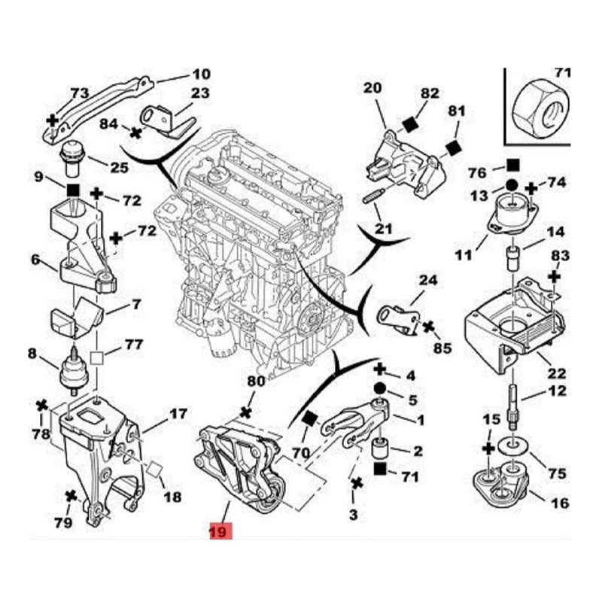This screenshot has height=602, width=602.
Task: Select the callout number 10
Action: [x=201, y=74]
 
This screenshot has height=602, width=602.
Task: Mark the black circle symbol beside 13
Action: [x=511, y=185]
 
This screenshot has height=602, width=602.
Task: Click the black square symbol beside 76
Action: [x=513, y=164]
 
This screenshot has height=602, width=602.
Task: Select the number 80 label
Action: [x=257, y=382]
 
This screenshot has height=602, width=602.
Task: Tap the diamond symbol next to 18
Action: [x=154, y=468]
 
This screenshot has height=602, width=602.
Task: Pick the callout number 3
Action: [x=354, y=515]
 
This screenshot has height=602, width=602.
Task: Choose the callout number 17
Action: [x=178, y=414]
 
